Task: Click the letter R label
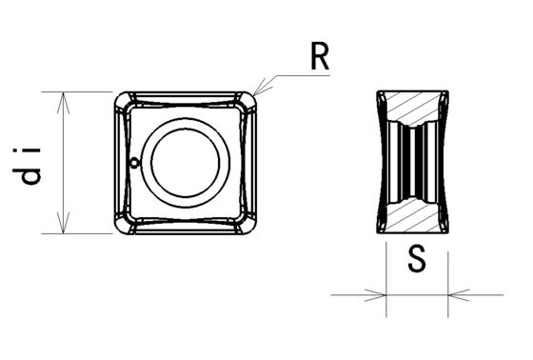pos(320,57)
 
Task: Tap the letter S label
pos(417,259)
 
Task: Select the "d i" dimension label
pos(27,166)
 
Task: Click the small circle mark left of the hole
pos(135,163)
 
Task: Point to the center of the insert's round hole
pos(186,163)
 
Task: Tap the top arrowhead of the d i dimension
pos(64,103)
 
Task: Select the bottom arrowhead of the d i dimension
pos(64,223)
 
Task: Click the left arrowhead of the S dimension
pos(376,295)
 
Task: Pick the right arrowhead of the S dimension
pos(459,295)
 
